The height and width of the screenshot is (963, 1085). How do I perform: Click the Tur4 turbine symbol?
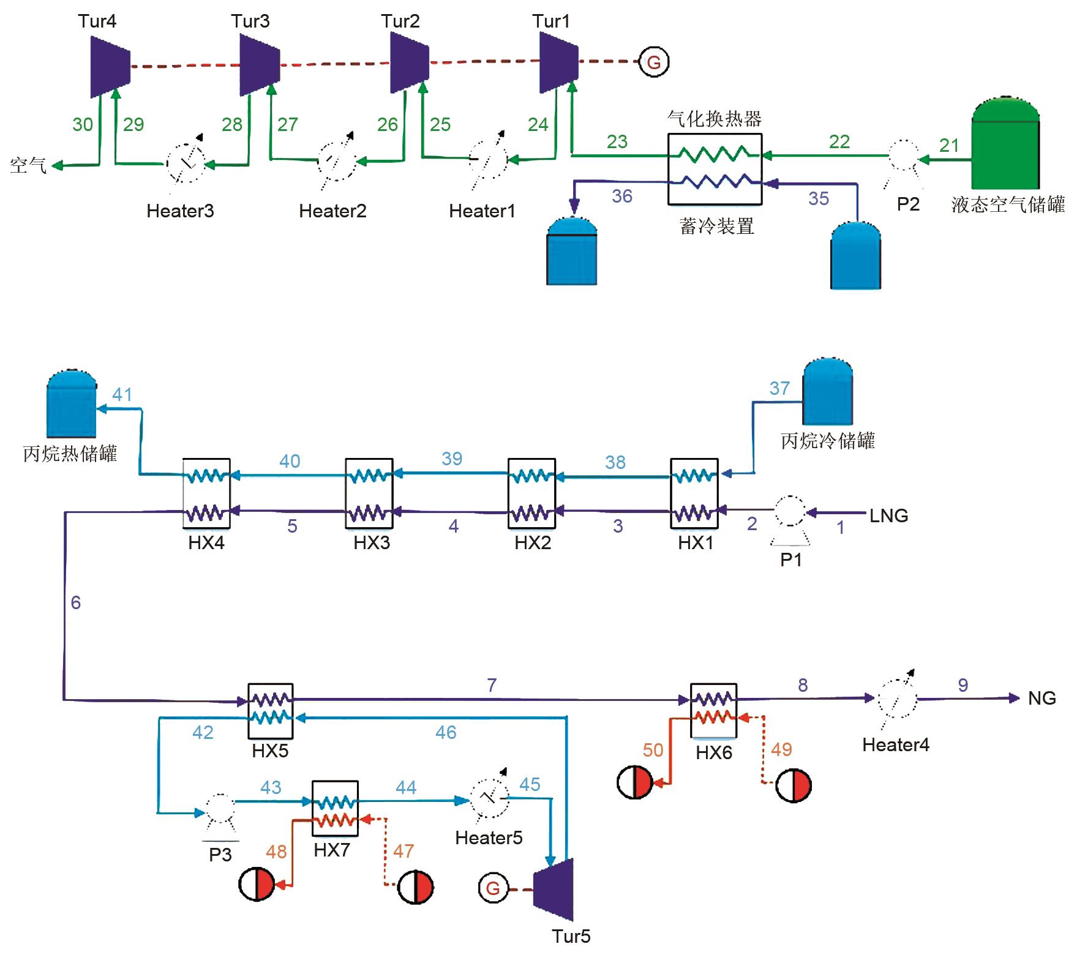point(110,66)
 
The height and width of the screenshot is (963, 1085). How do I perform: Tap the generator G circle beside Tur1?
point(653,62)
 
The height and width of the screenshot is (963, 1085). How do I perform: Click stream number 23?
point(617,142)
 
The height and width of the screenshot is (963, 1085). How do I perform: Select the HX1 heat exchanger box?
point(694,493)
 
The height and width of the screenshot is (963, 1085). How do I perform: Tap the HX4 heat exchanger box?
point(207,493)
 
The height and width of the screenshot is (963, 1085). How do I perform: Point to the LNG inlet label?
point(888,516)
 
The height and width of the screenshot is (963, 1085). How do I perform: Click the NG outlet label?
point(1042,698)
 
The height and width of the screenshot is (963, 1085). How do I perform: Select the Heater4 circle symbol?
point(898,699)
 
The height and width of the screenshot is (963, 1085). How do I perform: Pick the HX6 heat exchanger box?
point(713,710)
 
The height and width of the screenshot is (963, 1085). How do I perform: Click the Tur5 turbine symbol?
point(554,888)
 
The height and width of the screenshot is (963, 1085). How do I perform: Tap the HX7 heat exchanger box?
point(335,808)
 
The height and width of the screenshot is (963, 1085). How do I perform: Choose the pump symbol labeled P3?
point(219,810)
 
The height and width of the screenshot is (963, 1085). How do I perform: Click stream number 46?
point(446,732)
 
